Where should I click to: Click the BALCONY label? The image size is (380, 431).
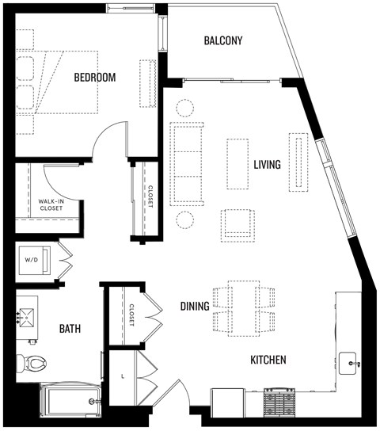click(222, 40)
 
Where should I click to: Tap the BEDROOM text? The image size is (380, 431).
click(95, 78)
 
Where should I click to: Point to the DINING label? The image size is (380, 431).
click(194, 307)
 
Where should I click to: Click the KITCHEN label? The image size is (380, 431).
click(268, 360)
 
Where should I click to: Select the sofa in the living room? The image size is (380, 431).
click(186, 165)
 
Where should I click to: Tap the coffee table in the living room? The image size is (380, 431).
click(237, 164)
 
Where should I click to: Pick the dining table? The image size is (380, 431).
click(241, 308)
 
